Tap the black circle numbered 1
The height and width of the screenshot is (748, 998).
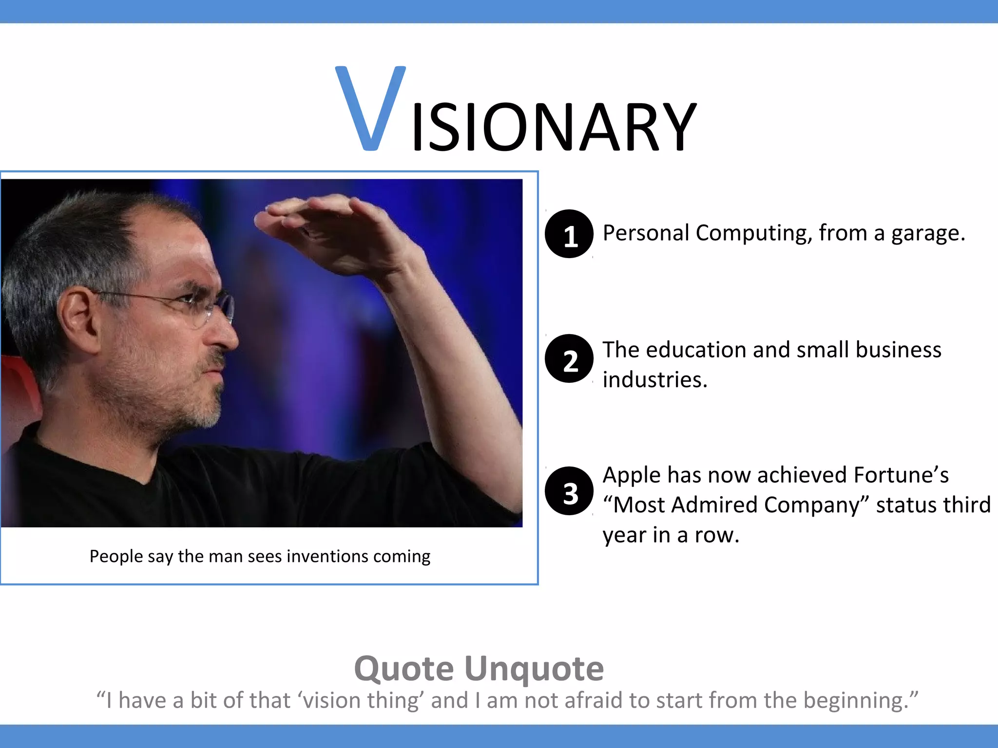click(x=569, y=234)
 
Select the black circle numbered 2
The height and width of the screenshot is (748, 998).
click(x=569, y=359)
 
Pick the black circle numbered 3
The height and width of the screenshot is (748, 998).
click(x=569, y=491)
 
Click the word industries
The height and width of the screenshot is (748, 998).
click(x=654, y=380)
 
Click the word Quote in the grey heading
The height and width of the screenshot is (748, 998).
click(x=404, y=669)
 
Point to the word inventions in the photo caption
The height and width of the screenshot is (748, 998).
click(x=327, y=556)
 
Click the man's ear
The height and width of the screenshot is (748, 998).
click(x=78, y=317)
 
